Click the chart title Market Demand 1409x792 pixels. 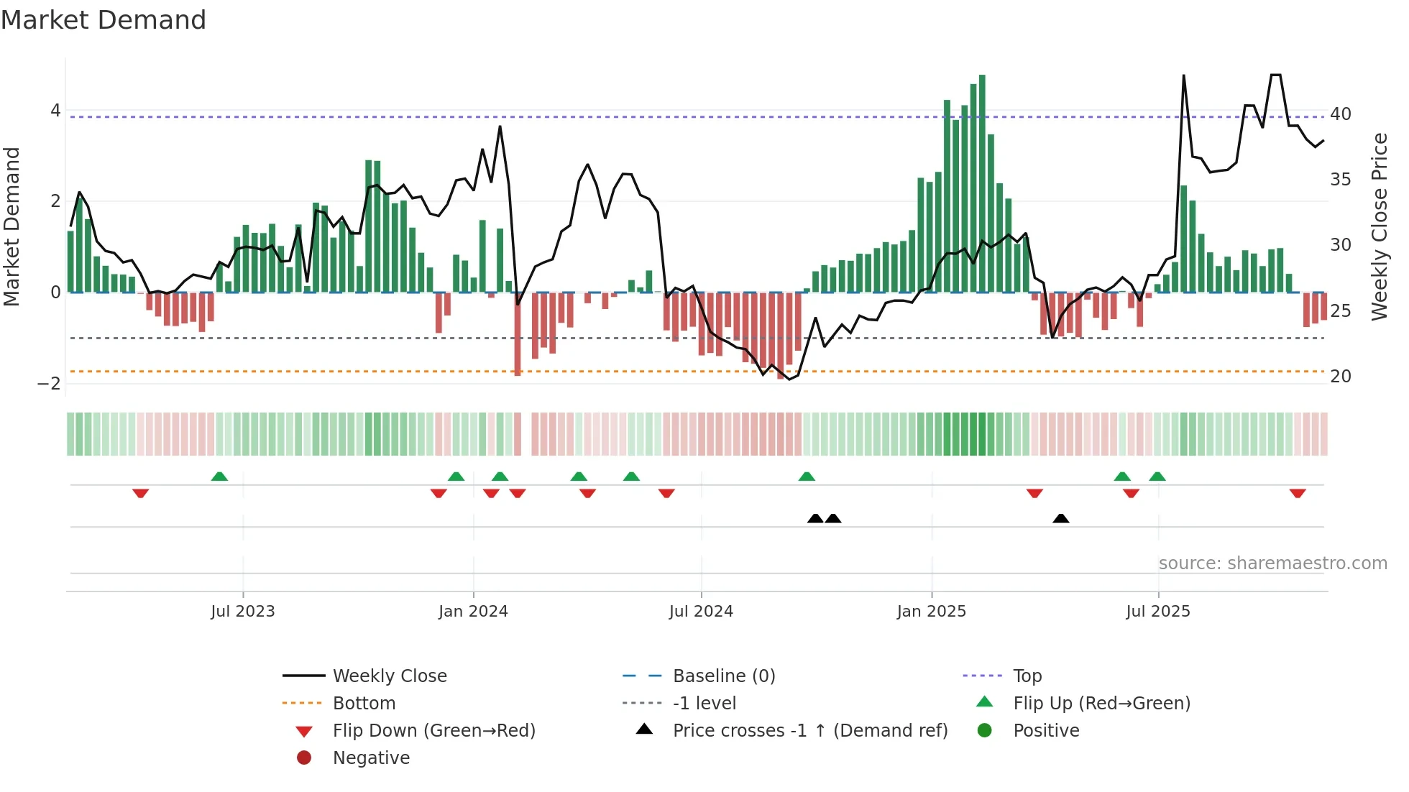[104, 20]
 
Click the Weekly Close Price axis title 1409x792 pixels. [1379, 226]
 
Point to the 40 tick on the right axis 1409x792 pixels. [1340, 114]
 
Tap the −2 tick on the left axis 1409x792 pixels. [49, 383]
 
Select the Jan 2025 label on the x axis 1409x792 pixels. [931, 612]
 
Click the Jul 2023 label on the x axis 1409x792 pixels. [242, 612]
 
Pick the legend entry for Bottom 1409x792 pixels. [364, 704]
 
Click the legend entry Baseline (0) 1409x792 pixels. [723, 676]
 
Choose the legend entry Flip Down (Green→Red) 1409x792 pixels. [433, 731]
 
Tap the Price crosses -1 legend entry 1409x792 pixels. [809, 731]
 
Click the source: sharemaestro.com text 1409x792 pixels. [1272, 563]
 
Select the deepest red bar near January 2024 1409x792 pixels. [518, 334]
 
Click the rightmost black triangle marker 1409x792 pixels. [1060, 518]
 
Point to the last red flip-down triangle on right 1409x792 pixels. [1297, 493]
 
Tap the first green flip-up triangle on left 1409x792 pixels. [219, 476]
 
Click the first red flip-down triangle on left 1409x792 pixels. [141, 493]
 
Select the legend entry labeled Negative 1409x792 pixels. [371, 758]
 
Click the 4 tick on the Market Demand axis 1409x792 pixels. [55, 111]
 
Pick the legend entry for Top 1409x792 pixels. [1027, 676]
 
